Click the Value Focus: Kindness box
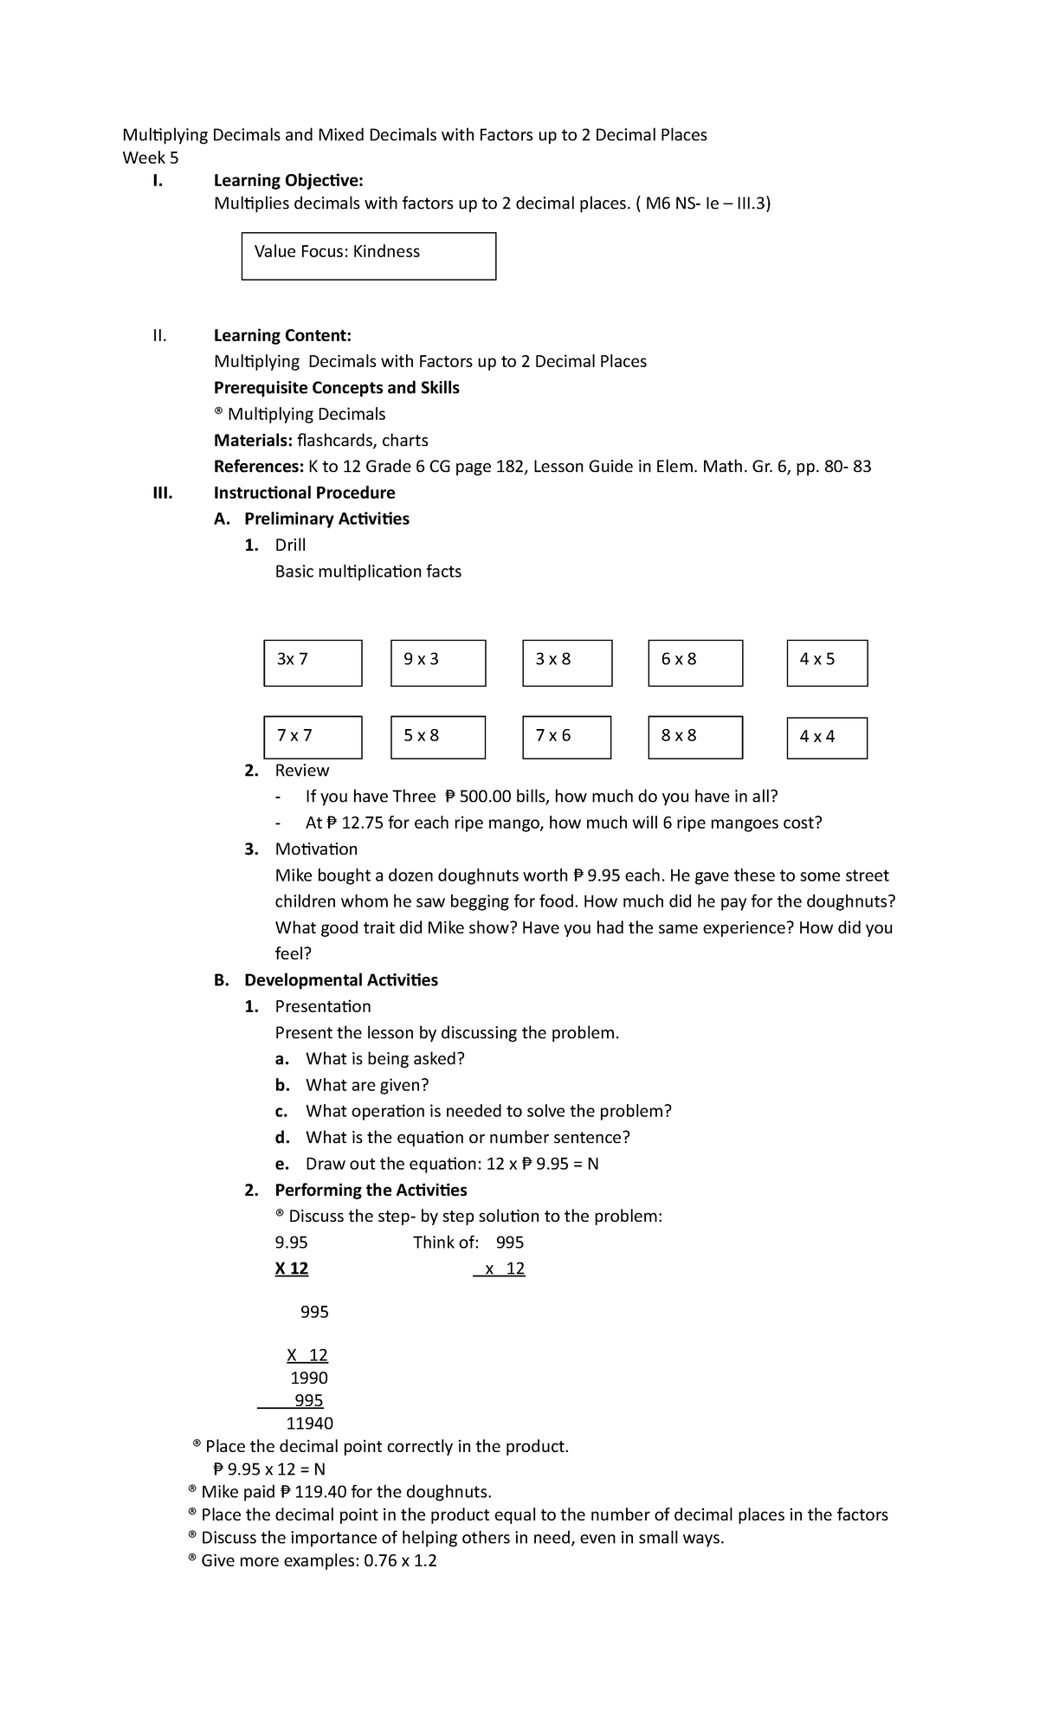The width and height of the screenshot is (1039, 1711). [368, 255]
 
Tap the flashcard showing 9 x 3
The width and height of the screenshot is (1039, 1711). [438, 663]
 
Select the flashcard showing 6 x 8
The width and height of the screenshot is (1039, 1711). [695, 663]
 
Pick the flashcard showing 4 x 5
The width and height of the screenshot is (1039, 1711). [827, 663]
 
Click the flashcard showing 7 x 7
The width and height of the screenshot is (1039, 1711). [313, 738]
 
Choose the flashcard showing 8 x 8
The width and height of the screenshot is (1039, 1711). [695, 738]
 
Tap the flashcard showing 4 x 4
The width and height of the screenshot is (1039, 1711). [827, 739]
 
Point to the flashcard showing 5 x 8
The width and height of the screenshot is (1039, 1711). [438, 738]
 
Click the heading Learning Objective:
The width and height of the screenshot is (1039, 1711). [288, 180]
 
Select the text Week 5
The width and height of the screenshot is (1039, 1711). [151, 158]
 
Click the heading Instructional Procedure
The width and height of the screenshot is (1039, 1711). [304, 493]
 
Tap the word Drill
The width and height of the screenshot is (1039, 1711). [290, 545]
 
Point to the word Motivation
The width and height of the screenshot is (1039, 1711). [316, 849]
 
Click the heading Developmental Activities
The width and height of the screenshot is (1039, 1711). [340, 980]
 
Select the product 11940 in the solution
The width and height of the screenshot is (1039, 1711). [309, 1424]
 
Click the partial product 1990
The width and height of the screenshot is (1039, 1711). [309, 1378]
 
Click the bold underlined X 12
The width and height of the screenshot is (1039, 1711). [292, 1269]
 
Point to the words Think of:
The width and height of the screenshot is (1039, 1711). [446, 1243]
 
